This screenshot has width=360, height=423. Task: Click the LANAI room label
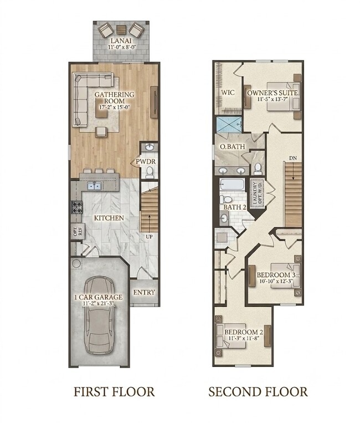121,41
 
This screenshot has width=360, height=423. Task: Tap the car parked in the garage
99,315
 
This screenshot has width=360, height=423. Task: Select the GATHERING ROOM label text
115,98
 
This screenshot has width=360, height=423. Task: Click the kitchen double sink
94,186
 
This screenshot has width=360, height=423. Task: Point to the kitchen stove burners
76,207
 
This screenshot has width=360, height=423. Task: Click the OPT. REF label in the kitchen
78,232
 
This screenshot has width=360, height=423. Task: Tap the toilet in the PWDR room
150,172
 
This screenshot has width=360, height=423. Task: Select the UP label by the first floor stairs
150,237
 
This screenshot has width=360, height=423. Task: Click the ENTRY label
144,292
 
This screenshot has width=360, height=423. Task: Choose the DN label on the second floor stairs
293,158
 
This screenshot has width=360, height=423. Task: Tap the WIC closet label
228,92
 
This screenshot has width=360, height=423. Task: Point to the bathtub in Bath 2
232,185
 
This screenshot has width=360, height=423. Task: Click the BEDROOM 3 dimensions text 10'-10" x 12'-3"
276,281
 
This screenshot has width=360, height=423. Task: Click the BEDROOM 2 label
244,332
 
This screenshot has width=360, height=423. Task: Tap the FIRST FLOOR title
114,391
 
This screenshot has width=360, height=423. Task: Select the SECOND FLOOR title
258,391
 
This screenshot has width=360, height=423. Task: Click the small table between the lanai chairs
121,29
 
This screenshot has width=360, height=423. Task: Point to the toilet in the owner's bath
258,169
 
